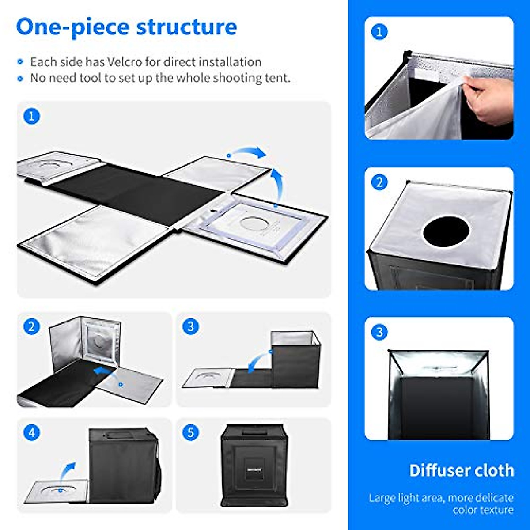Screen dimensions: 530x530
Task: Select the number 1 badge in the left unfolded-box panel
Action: [31, 116]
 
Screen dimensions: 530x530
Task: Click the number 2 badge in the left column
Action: [31, 327]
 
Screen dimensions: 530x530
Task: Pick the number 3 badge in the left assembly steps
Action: [190, 327]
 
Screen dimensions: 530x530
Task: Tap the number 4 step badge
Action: [31, 432]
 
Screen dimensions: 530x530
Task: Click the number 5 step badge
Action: [190, 432]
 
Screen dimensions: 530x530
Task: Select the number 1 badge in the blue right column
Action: [379, 32]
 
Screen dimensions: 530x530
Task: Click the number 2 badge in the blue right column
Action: [379, 182]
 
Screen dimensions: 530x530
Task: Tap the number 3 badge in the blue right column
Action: [379, 332]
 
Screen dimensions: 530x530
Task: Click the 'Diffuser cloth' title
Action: [462, 470]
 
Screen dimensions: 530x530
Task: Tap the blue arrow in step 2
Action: [104, 371]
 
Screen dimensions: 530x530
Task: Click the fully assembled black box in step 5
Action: [254, 466]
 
